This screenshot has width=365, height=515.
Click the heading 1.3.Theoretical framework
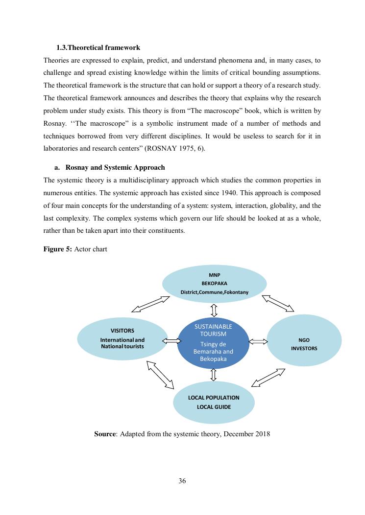(98, 47)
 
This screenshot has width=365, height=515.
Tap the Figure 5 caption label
(58, 249)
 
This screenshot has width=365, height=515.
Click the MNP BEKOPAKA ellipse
(214, 284)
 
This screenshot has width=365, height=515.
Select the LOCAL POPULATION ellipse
(214, 402)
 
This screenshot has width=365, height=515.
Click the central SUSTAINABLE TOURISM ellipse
(213, 342)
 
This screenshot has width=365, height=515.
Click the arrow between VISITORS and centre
(171, 340)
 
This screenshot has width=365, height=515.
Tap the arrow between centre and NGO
(257, 340)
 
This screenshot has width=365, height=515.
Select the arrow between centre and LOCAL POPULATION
(213, 375)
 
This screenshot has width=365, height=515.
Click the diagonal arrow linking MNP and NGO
(278, 303)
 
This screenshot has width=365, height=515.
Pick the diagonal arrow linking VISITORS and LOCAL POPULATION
(160, 374)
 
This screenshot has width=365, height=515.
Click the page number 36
(182, 481)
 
